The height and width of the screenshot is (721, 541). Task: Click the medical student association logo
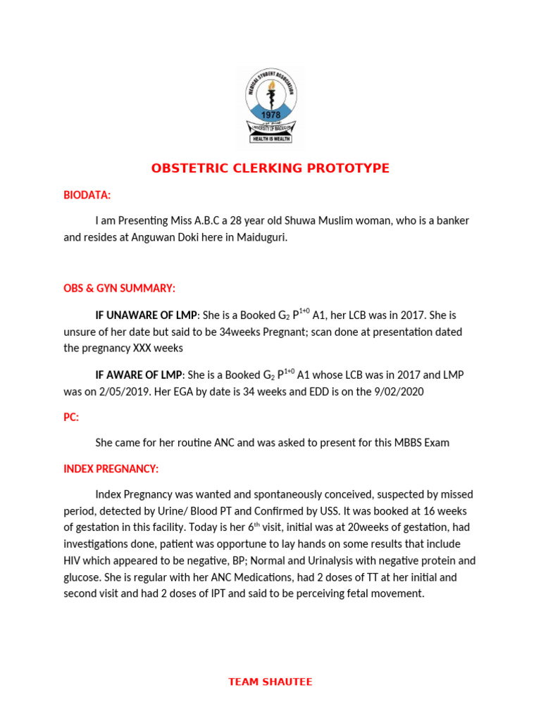270,106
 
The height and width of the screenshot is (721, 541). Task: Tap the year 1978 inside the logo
270,114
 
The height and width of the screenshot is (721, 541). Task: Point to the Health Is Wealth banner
270,139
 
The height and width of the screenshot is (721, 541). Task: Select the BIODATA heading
87,194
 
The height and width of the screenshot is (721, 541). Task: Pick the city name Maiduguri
261,238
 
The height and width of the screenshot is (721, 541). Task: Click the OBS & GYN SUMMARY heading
120,289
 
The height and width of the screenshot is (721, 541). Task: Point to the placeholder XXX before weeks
145,349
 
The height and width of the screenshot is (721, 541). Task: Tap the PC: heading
71,417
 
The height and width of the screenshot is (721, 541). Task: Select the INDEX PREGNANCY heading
111,468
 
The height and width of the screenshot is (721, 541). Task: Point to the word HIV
73,560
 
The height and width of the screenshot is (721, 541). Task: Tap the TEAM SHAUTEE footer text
270,682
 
